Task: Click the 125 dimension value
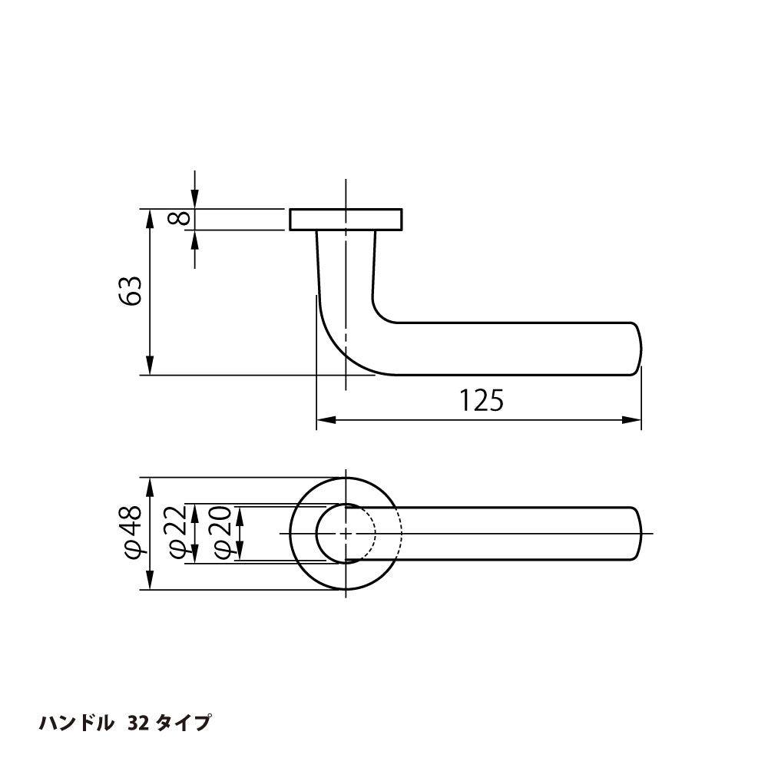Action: tap(481, 400)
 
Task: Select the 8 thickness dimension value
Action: tap(178, 219)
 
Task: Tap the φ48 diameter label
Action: tap(131, 533)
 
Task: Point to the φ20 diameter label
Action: tap(221, 533)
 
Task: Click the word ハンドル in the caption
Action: tap(77, 723)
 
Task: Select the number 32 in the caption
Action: tap(138, 723)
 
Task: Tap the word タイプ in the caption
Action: tap(183, 723)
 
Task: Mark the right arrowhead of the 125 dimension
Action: tap(633, 420)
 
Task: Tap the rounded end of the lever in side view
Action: tap(637, 349)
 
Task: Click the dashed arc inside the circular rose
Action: tap(374, 533)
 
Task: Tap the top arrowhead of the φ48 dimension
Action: tap(150, 486)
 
